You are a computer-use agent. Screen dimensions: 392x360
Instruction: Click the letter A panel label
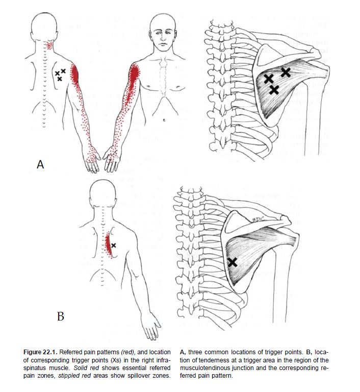click(41, 164)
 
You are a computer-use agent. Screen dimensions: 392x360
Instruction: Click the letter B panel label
click(60, 316)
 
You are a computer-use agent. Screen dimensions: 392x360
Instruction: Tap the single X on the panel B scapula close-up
click(233, 262)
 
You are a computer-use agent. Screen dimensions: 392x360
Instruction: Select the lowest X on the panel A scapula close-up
click(274, 90)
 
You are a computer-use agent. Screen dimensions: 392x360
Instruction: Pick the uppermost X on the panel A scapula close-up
click(286, 72)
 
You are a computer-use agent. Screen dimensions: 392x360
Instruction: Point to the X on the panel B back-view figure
click(114, 246)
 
